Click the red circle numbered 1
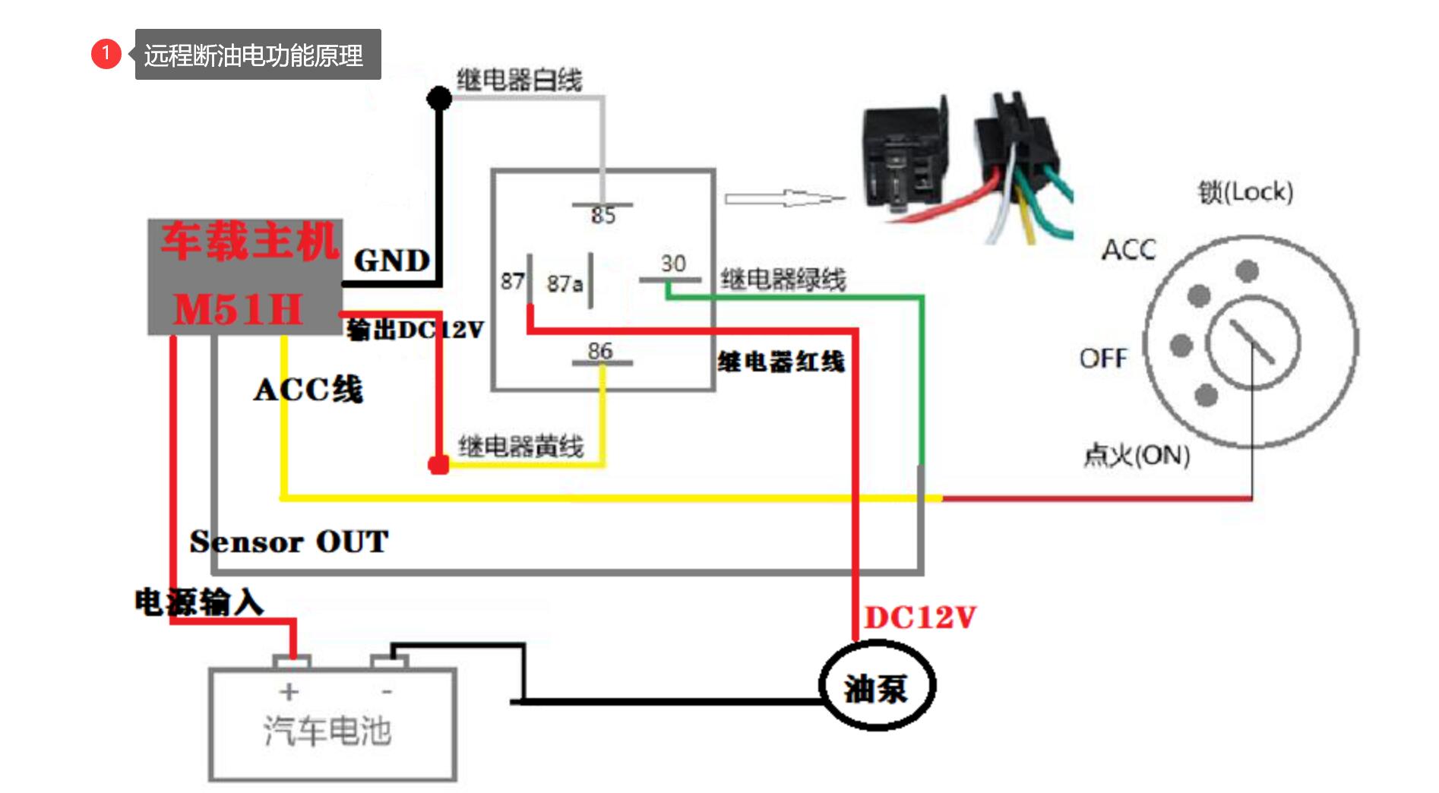click(106, 53)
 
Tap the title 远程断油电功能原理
click(254, 55)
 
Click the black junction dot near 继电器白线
click(439, 98)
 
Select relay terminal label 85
click(603, 216)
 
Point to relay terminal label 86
click(600, 350)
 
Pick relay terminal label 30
click(673, 263)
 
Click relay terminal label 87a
click(565, 283)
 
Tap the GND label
click(392, 261)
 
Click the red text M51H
click(238, 310)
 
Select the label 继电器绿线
click(783, 280)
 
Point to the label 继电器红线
click(781, 362)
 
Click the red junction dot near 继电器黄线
click(438, 465)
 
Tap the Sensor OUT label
click(289, 542)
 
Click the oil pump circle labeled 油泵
click(877, 687)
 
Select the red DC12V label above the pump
click(920, 618)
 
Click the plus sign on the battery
click(289, 691)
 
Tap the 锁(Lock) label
click(1245, 191)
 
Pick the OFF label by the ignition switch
click(1104, 358)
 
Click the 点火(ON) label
click(1137, 455)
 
